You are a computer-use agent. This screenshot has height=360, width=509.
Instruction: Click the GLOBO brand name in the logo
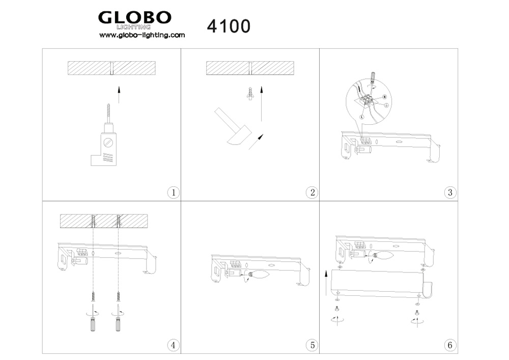tap(135, 17)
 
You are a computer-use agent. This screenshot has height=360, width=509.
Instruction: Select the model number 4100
tap(229, 26)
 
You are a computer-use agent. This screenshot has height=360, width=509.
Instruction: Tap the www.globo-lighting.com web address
tap(142, 35)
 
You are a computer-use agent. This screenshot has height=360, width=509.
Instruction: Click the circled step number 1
tap(174, 192)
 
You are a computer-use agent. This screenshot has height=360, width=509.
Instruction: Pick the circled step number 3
tap(450, 192)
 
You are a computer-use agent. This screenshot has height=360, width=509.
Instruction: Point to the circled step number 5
tap(313, 345)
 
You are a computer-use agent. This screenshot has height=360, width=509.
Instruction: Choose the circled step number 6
tap(450, 345)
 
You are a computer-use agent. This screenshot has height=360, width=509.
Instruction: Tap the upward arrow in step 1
tap(119, 95)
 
